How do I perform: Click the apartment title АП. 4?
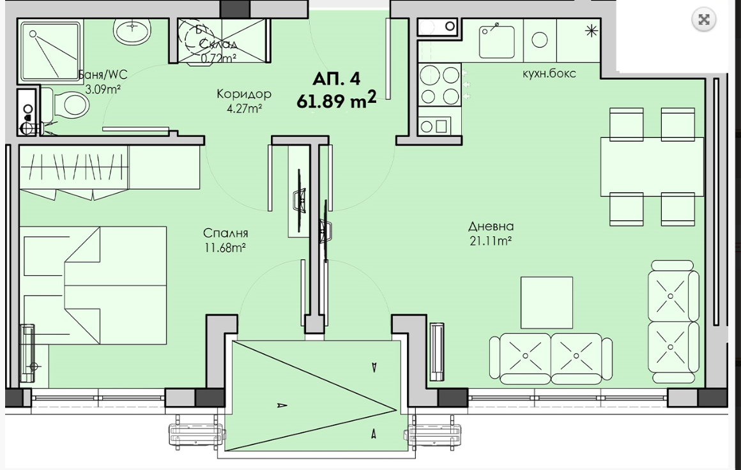click(x=336, y=79)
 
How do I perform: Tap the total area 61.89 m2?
click(x=337, y=100)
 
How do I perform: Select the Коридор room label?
click(x=244, y=94)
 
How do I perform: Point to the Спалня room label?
click(x=225, y=233)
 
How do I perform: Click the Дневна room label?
click(x=491, y=226)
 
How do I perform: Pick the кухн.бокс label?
click(x=549, y=73)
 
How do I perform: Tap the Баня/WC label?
click(x=103, y=75)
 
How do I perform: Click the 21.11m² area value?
click(x=491, y=241)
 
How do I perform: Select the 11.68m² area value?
click(x=225, y=248)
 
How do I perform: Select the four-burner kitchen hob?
click(x=439, y=84)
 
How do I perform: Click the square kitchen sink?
click(x=497, y=42)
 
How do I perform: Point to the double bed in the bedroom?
click(x=93, y=285)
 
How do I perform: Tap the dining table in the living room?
click(x=652, y=166)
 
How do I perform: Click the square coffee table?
click(x=547, y=302)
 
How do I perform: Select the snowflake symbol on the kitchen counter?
click(x=591, y=31)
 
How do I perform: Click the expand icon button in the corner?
click(x=704, y=20)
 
